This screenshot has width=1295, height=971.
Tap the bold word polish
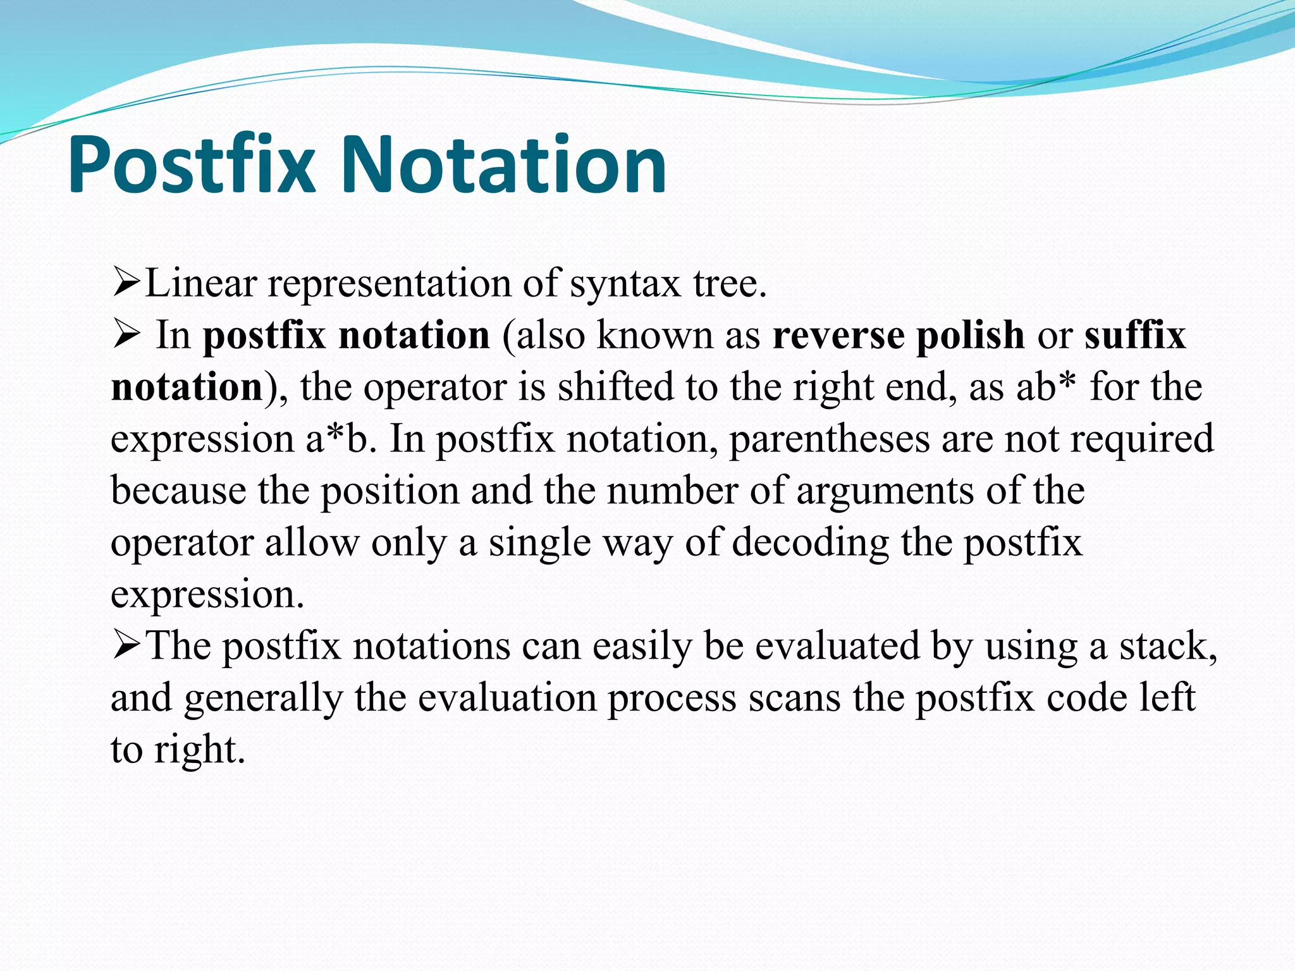click(970, 335)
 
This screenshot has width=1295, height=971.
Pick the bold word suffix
click(1135, 335)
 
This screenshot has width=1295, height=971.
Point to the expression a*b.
click(338, 439)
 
